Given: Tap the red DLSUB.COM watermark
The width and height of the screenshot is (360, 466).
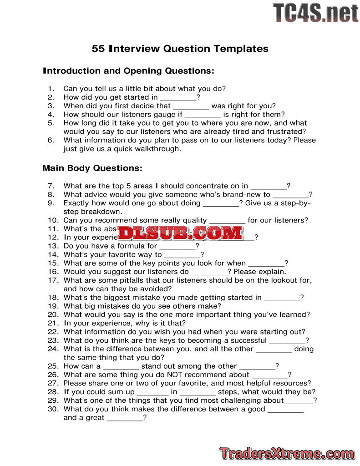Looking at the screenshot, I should pos(180,233).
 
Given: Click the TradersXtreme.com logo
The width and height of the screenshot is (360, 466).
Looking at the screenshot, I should pos(287,453).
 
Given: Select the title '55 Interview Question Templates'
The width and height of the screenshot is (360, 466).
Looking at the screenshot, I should pos(180,49).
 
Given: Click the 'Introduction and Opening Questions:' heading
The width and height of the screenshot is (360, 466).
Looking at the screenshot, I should pos(128,71).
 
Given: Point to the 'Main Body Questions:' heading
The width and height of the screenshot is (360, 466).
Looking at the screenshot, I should pos(92,168).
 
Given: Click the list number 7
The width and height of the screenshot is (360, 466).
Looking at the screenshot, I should pos(51,186).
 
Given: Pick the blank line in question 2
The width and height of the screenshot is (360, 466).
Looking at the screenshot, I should pos(178,98).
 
